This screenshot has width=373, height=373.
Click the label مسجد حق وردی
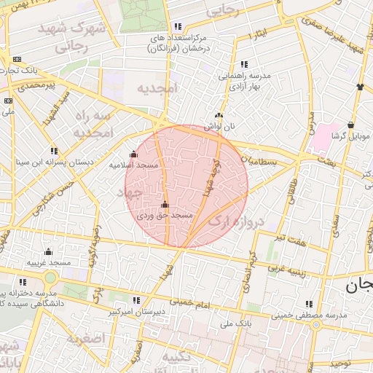point(165,216)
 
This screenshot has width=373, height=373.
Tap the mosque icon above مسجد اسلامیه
point(133,154)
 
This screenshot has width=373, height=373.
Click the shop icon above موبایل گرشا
point(351,125)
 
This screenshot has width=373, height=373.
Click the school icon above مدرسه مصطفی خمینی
point(309,304)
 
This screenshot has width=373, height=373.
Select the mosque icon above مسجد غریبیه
point(48,251)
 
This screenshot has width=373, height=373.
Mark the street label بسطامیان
point(259,159)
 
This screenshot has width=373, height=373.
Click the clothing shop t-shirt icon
point(360,87)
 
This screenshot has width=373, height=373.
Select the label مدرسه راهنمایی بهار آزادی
point(242,81)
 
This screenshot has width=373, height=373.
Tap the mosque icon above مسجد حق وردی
point(165,204)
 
